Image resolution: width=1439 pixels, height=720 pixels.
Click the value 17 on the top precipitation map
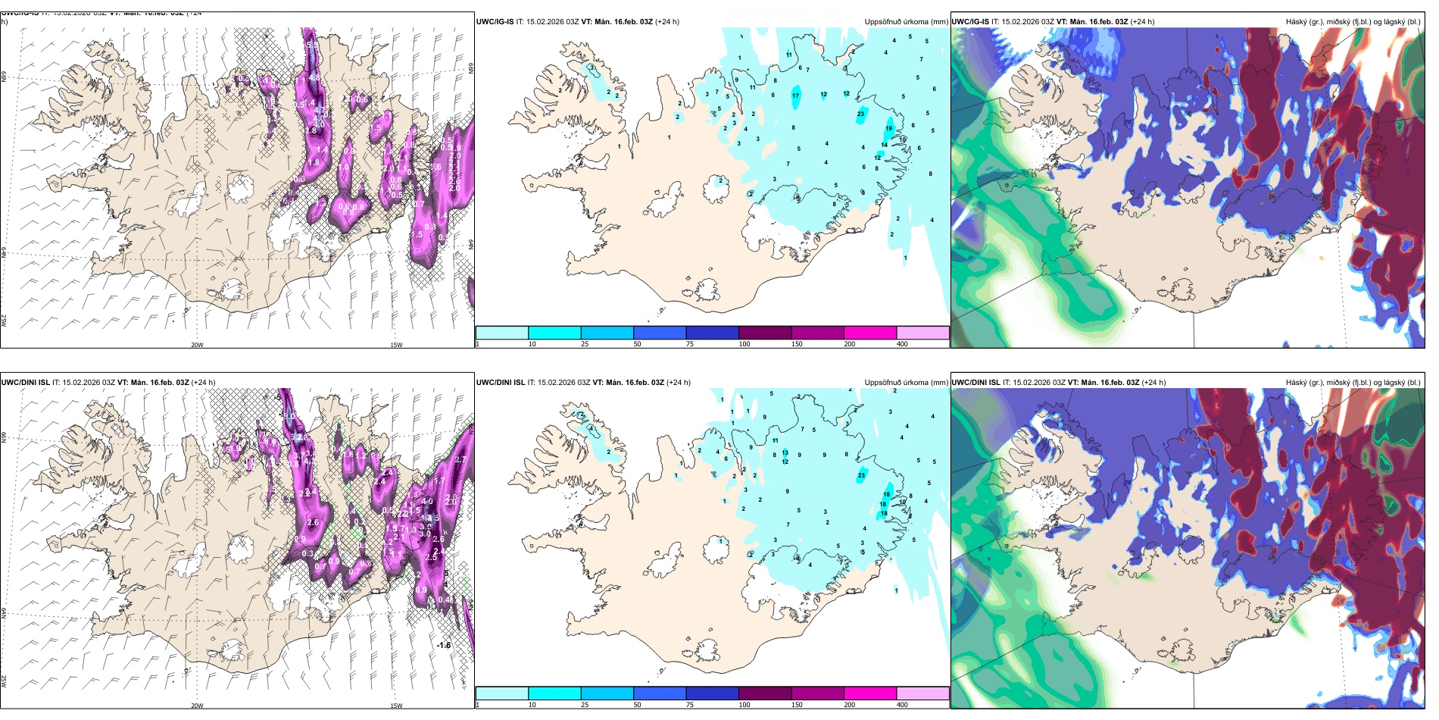(x=795, y=96)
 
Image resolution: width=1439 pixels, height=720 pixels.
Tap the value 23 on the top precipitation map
(x=860, y=114)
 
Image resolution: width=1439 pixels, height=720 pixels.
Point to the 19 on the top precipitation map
(x=889, y=129)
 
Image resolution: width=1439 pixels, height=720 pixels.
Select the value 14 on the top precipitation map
(x=884, y=145)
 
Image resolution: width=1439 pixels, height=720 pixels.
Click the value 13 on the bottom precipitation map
(x=785, y=452)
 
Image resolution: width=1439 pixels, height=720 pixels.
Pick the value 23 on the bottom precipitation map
(x=861, y=475)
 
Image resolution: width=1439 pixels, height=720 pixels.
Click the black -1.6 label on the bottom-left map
(x=444, y=646)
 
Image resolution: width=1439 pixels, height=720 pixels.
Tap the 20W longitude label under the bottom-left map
(x=197, y=706)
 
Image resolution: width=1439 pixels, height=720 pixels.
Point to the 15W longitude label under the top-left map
(x=395, y=345)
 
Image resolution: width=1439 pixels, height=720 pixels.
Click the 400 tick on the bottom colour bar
(x=902, y=705)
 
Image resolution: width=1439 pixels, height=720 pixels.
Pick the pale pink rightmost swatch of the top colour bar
(x=922, y=333)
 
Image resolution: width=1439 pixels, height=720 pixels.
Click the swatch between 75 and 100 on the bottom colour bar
(x=712, y=693)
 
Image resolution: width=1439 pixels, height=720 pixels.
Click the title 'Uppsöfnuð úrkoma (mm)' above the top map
(x=906, y=22)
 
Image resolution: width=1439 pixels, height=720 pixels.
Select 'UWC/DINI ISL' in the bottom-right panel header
(x=975, y=383)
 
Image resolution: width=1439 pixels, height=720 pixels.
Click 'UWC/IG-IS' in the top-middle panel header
(x=495, y=22)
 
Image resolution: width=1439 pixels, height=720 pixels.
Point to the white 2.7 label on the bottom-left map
(x=460, y=459)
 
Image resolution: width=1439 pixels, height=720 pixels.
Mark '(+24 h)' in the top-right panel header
(x=1142, y=22)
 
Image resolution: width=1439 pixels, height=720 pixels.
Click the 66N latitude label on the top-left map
(x=4, y=78)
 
